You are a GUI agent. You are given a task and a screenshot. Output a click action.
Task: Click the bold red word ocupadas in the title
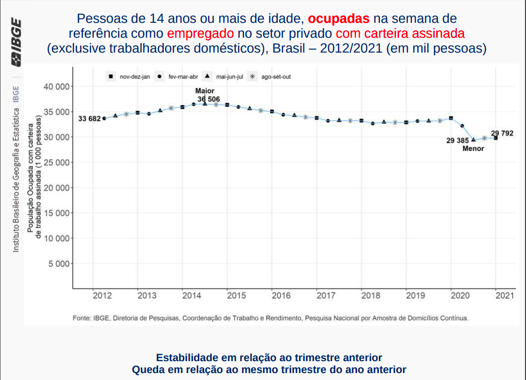coord(339,19)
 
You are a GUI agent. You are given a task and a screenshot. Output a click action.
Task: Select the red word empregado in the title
coord(200,34)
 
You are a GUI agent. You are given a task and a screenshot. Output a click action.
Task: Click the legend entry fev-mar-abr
coord(179,77)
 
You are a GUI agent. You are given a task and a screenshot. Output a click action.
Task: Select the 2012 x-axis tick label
coord(102,296)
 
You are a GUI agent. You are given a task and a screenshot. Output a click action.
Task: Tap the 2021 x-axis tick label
coord(505,296)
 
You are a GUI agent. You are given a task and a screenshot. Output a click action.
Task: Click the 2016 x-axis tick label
coord(281,296)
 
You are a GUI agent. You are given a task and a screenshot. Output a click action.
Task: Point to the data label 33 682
coord(89,119)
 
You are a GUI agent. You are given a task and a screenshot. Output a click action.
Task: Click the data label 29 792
coord(502,133)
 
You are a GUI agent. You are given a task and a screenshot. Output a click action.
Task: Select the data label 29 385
coord(458,141)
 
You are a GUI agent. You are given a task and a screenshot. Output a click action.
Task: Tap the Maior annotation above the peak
coord(205,91)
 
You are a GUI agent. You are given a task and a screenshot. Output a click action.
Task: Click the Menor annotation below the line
coord(473,149)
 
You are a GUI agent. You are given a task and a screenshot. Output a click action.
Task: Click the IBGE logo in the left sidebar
coord(16,42)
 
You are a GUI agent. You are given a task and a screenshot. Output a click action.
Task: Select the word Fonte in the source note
coord(81,317)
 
